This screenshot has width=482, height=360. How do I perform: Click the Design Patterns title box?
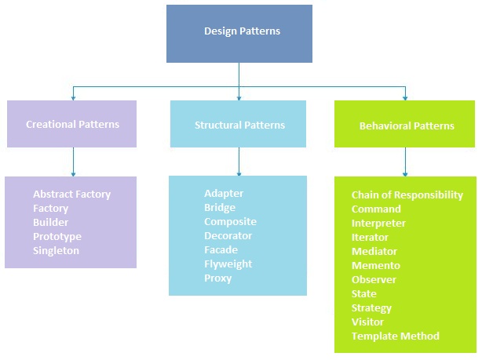[239, 31]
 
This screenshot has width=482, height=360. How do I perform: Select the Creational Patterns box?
[71, 124]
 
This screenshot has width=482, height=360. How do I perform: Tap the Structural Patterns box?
[239, 125]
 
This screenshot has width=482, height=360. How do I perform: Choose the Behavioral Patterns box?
[406, 125]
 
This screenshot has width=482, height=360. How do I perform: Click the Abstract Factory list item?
[71, 195]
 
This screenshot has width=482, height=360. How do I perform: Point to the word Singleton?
[56, 251]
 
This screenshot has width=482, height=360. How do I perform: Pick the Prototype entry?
[57, 237]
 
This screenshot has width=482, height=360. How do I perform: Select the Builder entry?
[50, 223]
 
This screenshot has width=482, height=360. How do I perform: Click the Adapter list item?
[224, 194]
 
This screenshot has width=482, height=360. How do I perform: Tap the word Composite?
[230, 222]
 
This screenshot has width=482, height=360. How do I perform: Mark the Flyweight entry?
[228, 264]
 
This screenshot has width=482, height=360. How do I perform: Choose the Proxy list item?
[217, 278]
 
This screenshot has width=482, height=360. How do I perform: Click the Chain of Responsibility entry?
[407, 195]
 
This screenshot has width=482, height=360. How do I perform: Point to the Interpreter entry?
[378, 224]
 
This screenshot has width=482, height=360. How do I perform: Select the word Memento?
[375, 266]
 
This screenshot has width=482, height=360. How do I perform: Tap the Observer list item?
[374, 280]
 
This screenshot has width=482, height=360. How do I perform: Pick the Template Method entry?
[395, 336]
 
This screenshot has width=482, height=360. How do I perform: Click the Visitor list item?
[367, 322]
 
